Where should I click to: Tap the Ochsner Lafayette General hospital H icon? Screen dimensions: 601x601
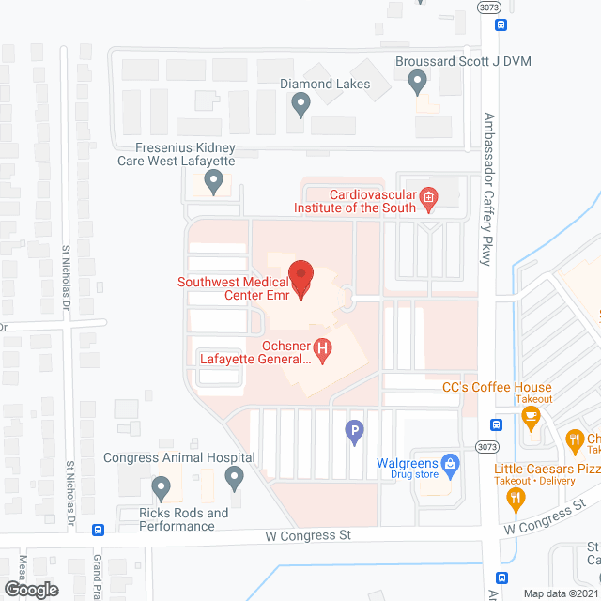tap(323, 351)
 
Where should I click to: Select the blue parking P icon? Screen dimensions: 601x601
tap(355, 433)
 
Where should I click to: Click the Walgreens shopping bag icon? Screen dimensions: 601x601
tap(450, 463)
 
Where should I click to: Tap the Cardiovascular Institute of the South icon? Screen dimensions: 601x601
tap(428, 196)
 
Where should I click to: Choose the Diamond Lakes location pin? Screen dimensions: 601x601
tap(300, 106)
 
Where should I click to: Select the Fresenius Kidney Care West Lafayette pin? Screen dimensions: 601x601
tap(214, 181)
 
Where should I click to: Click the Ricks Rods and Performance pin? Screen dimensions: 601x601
tap(161, 488)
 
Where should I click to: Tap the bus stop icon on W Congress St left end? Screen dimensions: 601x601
tap(98, 529)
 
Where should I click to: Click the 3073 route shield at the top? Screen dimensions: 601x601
tap(487, 7)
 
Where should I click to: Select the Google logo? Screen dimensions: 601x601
tap(30, 589)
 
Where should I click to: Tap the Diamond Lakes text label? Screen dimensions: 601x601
tap(325, 85)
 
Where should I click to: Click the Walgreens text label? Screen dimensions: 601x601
tap(408, 463)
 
